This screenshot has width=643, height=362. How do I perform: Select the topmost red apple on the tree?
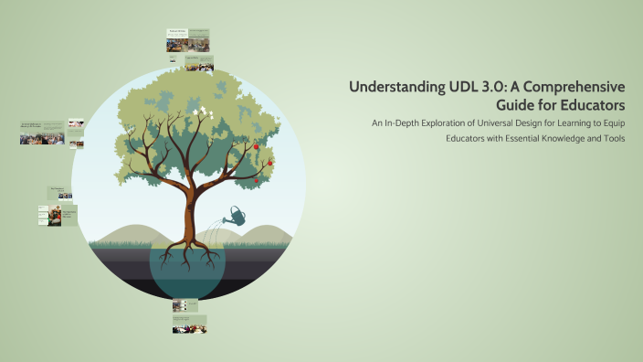[x=257, y=146]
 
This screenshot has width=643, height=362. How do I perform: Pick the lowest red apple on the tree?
[x=257, y=180]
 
